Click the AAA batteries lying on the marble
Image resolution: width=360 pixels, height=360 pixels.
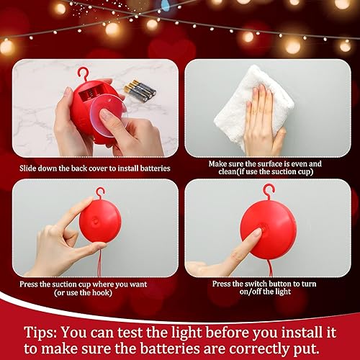[x=140, y=89]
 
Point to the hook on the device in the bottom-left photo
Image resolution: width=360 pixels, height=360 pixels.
[x=99, y=193]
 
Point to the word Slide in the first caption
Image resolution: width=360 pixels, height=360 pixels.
[x=31, y=168]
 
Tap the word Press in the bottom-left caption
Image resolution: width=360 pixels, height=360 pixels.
[x=35, y=284]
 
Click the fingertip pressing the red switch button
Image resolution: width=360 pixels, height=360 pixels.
[x=256, y=233]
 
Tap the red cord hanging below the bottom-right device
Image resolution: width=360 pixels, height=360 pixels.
[x=271, y=268]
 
